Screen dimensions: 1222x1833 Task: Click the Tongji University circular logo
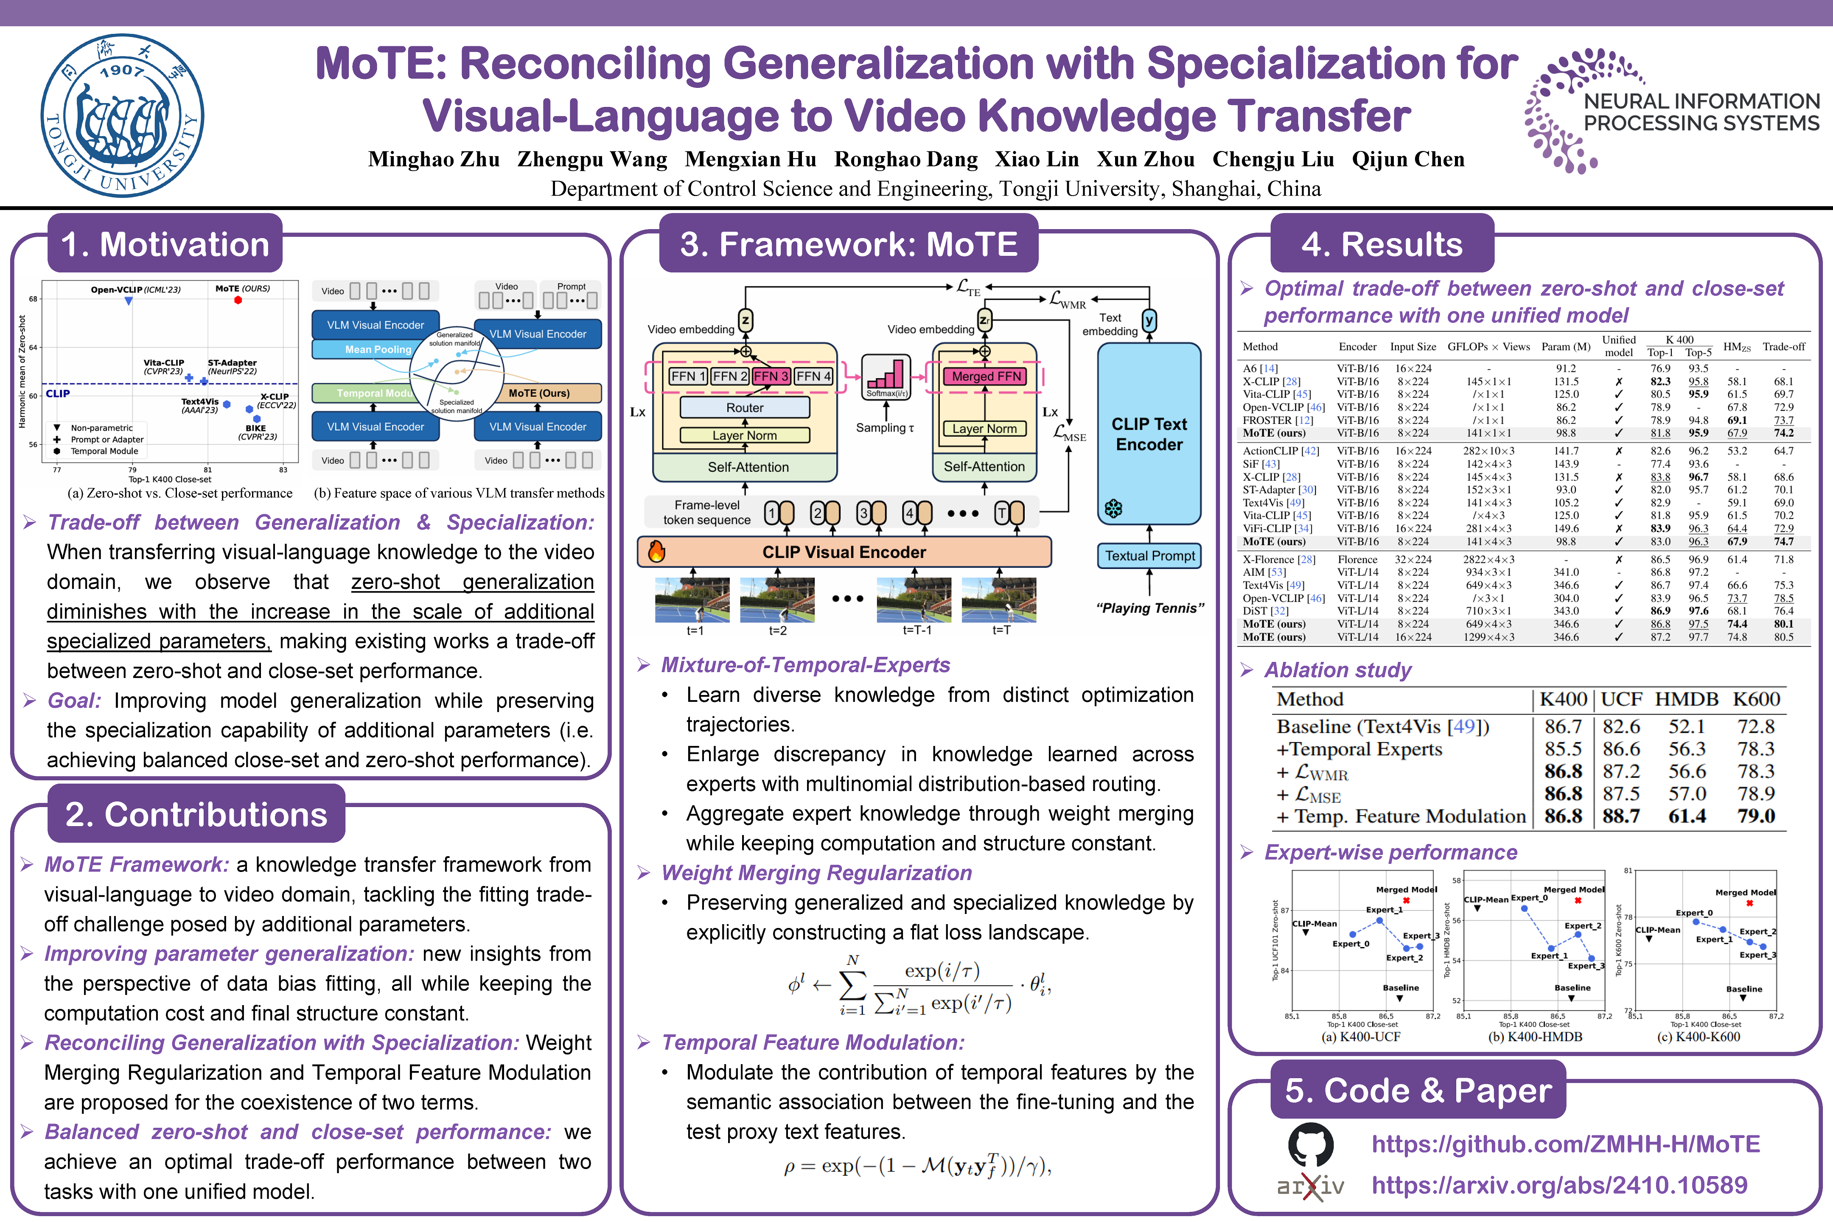click(x=122, y=115)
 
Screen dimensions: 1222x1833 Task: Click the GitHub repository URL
click(x=1565, y=1144)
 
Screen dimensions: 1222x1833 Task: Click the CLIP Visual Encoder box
click(x=844, y=552)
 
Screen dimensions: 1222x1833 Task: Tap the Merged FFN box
click(x=986, y=376)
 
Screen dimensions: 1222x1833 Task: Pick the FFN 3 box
click(x=771, y=376)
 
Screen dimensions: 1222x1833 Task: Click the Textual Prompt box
click(x=1149, y=556)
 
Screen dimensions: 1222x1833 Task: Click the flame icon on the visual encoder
click(x=657, y=552)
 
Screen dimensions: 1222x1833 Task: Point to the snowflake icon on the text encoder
click(x=1114, y=509)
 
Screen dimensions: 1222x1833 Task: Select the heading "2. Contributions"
click(x=196, y=814)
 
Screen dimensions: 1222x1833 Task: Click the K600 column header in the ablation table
click(x=1756, y=699)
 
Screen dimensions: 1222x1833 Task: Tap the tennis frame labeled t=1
click(x=693, y=599)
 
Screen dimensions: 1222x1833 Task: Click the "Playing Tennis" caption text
click(x=1149, y=608)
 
